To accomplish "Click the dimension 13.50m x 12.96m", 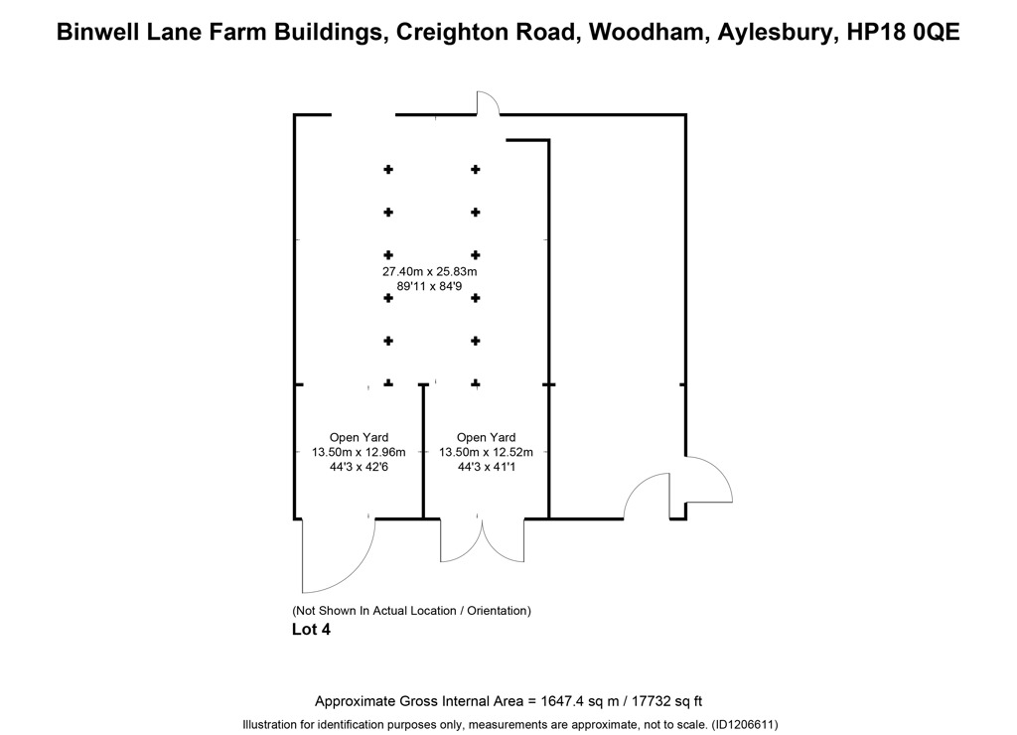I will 359,453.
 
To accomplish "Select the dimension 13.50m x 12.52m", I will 486,453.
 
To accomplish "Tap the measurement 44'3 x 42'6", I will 359,468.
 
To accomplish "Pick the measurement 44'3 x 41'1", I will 486,468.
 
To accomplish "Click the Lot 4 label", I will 311,628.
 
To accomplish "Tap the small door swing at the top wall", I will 489,104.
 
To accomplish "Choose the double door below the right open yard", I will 483,540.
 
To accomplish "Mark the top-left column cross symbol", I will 388,170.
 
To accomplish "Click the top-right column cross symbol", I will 476,170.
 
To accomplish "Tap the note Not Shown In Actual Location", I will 411,610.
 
